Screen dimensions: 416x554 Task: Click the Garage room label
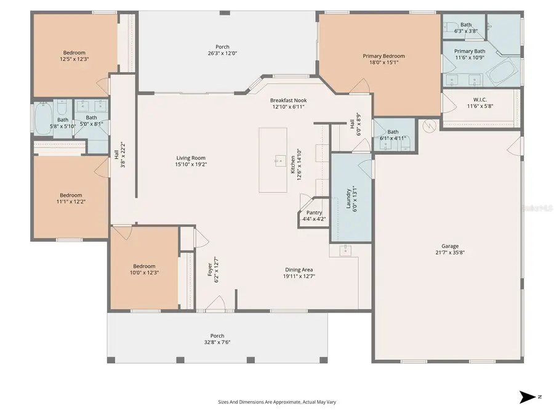tap(449, 246)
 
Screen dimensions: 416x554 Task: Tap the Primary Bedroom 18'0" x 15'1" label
tap(383, 56)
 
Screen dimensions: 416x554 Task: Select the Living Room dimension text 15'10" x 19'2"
tap(191, 165)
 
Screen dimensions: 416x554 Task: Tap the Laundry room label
tap(348, 197)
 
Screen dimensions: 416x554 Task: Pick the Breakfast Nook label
tap(288, 100)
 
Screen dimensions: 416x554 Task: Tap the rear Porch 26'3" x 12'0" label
tap(222, 47)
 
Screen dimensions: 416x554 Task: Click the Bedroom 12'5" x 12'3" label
tap(74, 53)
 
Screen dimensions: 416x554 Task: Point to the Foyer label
tap(209, 269)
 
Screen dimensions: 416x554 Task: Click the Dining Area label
tap(299, 269)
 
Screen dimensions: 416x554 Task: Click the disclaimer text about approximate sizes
tap(276, 401)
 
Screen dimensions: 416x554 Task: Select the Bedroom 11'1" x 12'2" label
tap(70, 195)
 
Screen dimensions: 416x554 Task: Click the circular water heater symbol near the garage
tap(430, 126)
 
